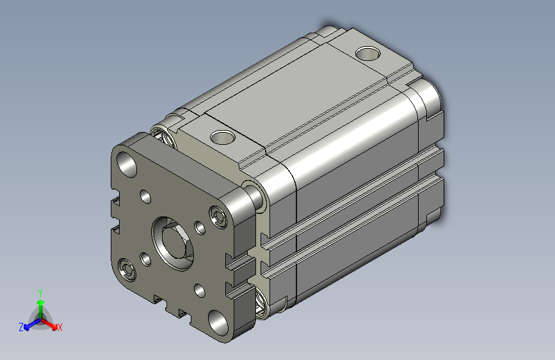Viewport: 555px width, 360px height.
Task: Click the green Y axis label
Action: coord(40,293)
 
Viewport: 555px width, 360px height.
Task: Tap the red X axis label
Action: coord(60,328)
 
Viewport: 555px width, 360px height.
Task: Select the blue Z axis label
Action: coord(21,327)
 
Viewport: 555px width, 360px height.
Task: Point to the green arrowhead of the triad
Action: coord(41,302)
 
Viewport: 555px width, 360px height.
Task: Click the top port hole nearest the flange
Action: coord(223,137)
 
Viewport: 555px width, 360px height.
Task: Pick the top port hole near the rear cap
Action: coord(367,54)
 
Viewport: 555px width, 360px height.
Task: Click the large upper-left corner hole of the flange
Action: coord(127,165)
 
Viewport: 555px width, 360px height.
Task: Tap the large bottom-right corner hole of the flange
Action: coord(218,322)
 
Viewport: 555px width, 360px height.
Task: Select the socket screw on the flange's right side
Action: coord(218,216)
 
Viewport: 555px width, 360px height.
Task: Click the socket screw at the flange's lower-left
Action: coord(127,270)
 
